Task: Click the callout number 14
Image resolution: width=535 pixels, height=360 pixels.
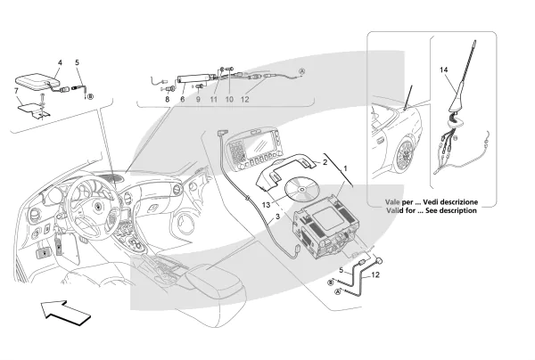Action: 443,70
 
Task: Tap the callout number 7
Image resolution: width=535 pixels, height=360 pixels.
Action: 15,91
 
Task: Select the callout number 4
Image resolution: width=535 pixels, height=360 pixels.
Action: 59,62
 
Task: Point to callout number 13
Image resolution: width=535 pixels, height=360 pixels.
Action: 267,204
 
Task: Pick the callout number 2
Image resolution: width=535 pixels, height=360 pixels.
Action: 325,164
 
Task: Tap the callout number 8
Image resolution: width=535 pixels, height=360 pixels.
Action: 166,100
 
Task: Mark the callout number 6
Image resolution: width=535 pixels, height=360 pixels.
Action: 183,100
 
